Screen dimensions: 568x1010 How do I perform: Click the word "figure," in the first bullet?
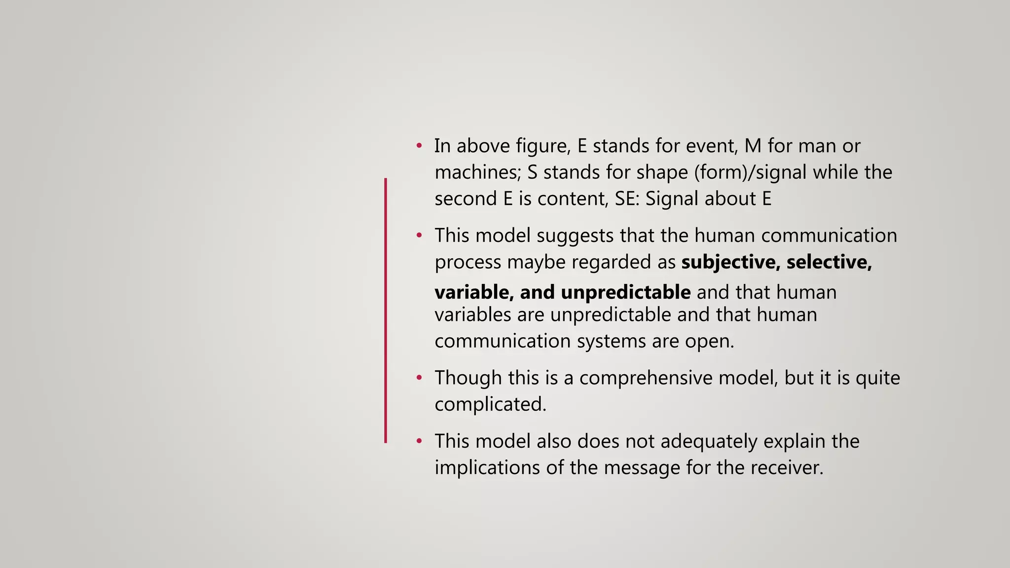point(543,146)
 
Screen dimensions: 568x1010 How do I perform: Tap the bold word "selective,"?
point(829,262)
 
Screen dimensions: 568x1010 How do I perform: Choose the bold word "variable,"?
point(474,292)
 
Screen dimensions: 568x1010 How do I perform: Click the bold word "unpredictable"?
point(625,292)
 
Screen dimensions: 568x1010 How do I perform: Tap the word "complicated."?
point(490,404)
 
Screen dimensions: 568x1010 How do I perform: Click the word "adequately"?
point(709,441)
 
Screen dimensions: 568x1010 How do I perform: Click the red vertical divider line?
point(386,311)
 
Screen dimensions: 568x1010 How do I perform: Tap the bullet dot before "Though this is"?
point(419,378)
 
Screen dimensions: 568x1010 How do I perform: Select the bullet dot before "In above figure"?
point(419,146)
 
